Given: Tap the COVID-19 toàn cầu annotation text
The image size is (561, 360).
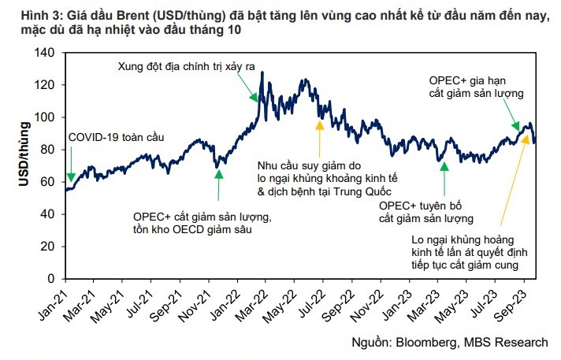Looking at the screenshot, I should coord(117,137).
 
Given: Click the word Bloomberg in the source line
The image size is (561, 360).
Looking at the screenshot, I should coord(431,342).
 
